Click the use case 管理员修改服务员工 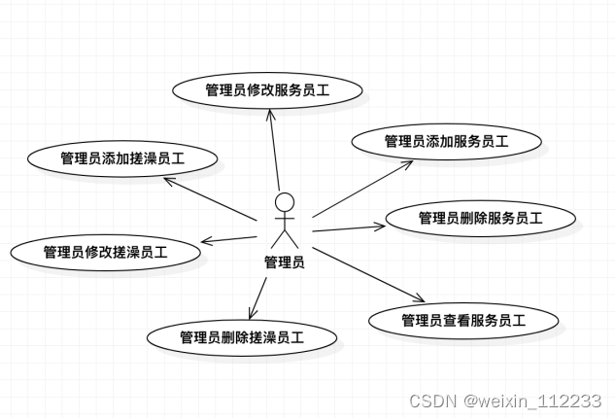coord(267,90)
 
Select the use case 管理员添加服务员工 coord(446,141)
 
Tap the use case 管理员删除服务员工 coord(479,218)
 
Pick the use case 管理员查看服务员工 coord(463,320)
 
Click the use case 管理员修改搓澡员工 coord(106,252)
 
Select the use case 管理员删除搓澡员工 coord(242,337)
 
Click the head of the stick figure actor coord(284,202)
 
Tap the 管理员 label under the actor coord(284,262)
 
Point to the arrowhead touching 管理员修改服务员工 coord(270,109)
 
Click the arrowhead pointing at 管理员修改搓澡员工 coord(206,241)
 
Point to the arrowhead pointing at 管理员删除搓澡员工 coord(253,312)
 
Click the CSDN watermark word coord(428,401)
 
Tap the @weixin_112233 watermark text coord(532,401)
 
